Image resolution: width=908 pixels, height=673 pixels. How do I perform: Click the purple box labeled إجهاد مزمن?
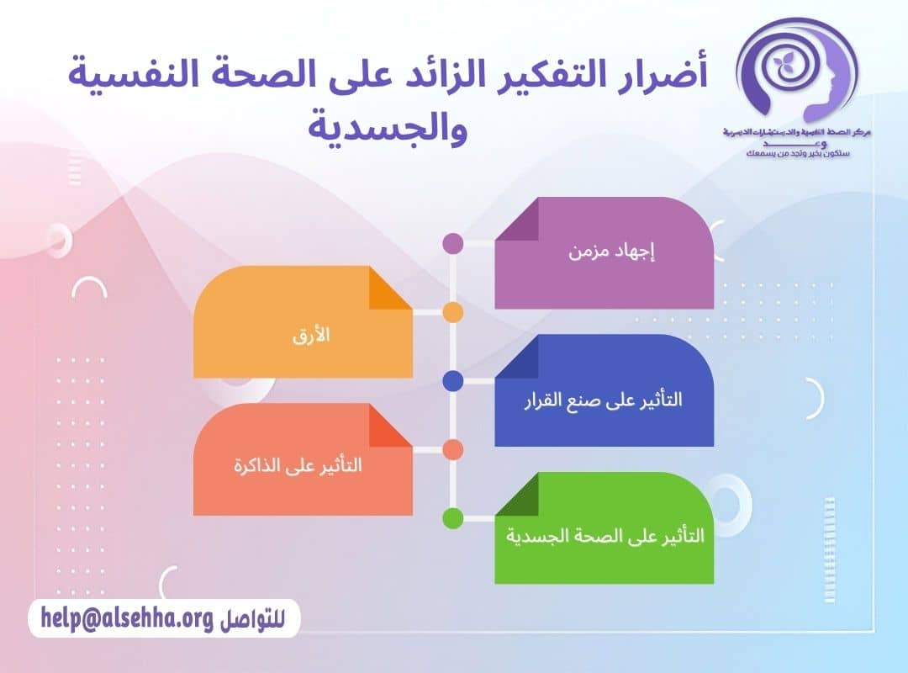coord(604,252)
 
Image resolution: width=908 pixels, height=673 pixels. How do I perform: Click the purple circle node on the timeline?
coord(452,244)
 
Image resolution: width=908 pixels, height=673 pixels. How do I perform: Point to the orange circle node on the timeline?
coord(452,313)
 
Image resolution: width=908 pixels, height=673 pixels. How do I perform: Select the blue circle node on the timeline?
coord(452,381)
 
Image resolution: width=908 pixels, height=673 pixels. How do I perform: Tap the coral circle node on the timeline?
coord(452,450)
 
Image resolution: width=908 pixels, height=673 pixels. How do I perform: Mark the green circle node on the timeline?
coord(452,519)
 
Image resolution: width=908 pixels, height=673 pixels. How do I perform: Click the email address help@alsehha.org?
coord(126,619)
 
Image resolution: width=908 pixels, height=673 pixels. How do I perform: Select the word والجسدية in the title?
coord(386,130)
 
